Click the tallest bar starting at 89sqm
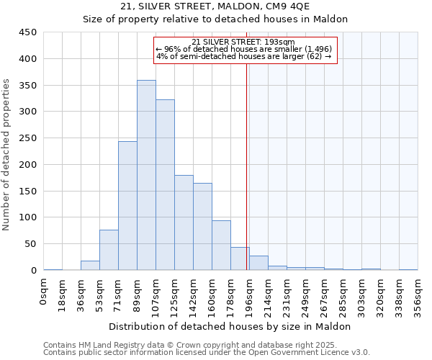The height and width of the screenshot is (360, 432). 146,175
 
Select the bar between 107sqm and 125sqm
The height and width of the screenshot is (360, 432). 165,185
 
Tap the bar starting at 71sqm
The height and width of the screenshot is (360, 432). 127,206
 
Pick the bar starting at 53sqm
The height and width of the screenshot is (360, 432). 109,250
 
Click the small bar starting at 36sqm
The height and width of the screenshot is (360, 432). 90,265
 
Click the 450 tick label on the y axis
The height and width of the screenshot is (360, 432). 27,32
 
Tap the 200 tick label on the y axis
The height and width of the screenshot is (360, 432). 27,165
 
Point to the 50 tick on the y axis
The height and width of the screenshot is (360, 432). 30,244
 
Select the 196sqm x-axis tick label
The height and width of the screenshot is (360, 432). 249,295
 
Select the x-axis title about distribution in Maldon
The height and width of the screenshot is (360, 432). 230,326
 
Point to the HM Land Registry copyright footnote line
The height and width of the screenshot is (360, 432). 206,345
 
